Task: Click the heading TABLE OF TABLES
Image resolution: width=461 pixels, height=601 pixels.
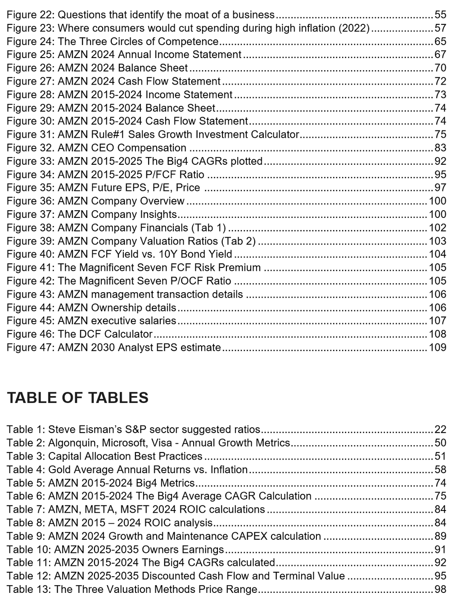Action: [77, 398]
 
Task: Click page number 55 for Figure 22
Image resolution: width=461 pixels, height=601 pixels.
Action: [440, 15]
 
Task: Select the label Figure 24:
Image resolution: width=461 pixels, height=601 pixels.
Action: [31, 41]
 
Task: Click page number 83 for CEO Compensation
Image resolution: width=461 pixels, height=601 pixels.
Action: [440, 148]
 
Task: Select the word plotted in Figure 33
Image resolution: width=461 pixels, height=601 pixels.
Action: [247, 161]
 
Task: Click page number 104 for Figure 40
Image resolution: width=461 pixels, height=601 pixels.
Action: [437, 254]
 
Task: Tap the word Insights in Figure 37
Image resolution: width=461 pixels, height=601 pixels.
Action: [159, 214]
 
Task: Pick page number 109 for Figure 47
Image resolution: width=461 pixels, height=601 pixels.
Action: [437, 348]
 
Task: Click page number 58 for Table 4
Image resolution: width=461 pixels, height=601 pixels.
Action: [440, 470]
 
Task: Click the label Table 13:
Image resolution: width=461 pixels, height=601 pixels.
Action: [28, 589]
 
